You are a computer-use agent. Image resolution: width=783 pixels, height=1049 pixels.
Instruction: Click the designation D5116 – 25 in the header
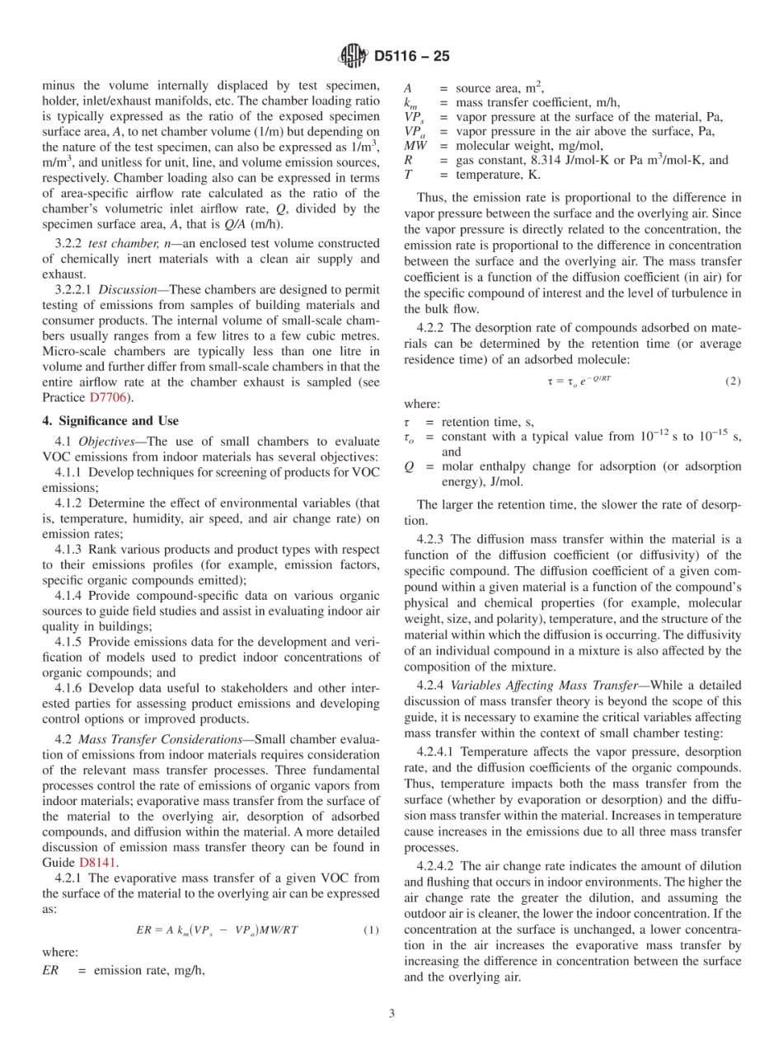pos(410,57)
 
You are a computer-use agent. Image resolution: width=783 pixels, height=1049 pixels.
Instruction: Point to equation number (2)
pos(733,382)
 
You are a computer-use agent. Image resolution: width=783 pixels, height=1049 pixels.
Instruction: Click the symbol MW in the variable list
pos(416,145)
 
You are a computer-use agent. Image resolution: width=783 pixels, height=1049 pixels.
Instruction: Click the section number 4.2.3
pos(434,540)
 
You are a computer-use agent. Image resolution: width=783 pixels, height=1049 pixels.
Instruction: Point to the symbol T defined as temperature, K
pos(408,174)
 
